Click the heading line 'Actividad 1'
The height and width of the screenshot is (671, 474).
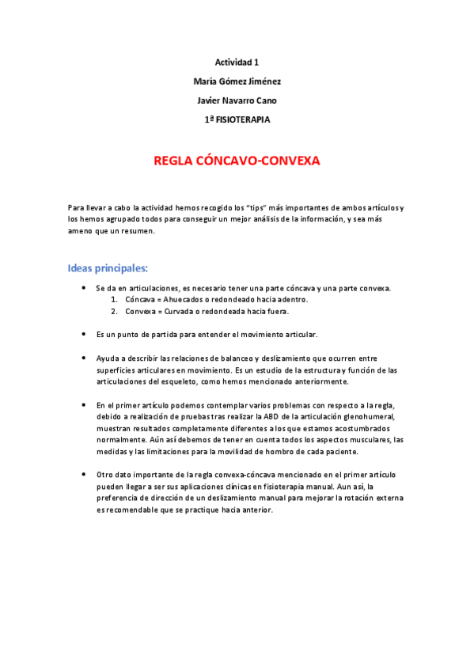click(237, 62)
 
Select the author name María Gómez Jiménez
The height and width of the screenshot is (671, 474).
click(237, 81)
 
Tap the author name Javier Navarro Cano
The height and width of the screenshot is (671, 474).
click(237, 100)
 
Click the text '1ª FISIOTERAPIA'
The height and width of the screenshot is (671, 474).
click(237, 119)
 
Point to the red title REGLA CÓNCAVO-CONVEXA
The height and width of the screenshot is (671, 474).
click(237, 161)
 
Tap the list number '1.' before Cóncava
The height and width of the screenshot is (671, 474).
click(114, 300)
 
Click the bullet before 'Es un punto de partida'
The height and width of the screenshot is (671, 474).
click(84, 335)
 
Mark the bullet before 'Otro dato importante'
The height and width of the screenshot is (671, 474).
click(84, 475)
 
